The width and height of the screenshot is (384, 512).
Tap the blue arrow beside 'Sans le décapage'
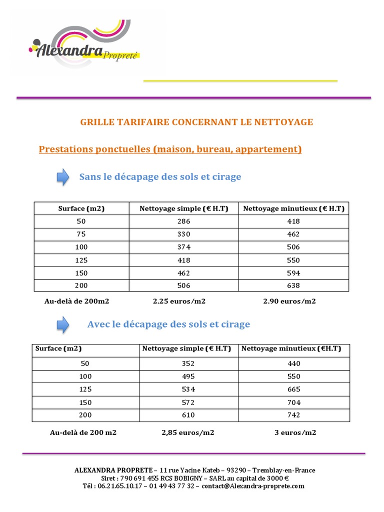pos(62,177)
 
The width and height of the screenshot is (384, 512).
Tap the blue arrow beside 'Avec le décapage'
pos(62,324)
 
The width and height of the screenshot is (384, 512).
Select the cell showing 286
pos(184,221)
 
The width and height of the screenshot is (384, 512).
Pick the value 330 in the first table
pos(184,234)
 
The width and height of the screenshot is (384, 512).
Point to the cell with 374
pos(184,247)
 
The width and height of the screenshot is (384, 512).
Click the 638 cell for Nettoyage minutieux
pos(293,285)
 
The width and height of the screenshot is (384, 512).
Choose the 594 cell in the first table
pos(293,273)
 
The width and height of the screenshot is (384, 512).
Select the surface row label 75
pos(81,234)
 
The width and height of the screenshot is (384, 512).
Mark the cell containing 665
pos(294,389)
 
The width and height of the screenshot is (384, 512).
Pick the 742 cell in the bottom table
pos(294,415)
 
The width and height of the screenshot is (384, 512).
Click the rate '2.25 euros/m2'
pos(179,301)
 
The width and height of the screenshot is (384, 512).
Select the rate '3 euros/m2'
pos(295,432)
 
